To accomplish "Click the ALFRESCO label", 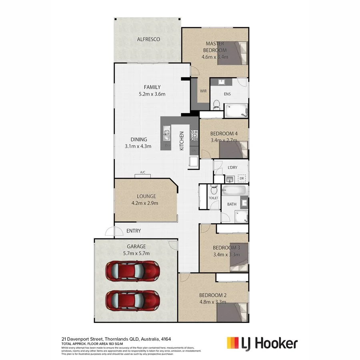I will point(148,39).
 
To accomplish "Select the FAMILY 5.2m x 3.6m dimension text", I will point(152,94).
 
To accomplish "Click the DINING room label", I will point(138,140).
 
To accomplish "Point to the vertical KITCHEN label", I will point(182,141).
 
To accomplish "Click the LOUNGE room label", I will point(146,196).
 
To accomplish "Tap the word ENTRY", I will point(134,231).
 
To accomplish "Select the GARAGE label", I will point(136,246).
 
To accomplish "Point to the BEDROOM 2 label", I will point(213,296).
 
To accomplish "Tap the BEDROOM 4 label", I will point(224,134).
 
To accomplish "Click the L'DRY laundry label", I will point(232,167).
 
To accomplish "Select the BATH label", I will point(232,204).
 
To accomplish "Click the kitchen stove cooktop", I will point(194,136).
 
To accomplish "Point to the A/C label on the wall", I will point(142,173).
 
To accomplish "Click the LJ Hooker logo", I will point(262,343).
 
